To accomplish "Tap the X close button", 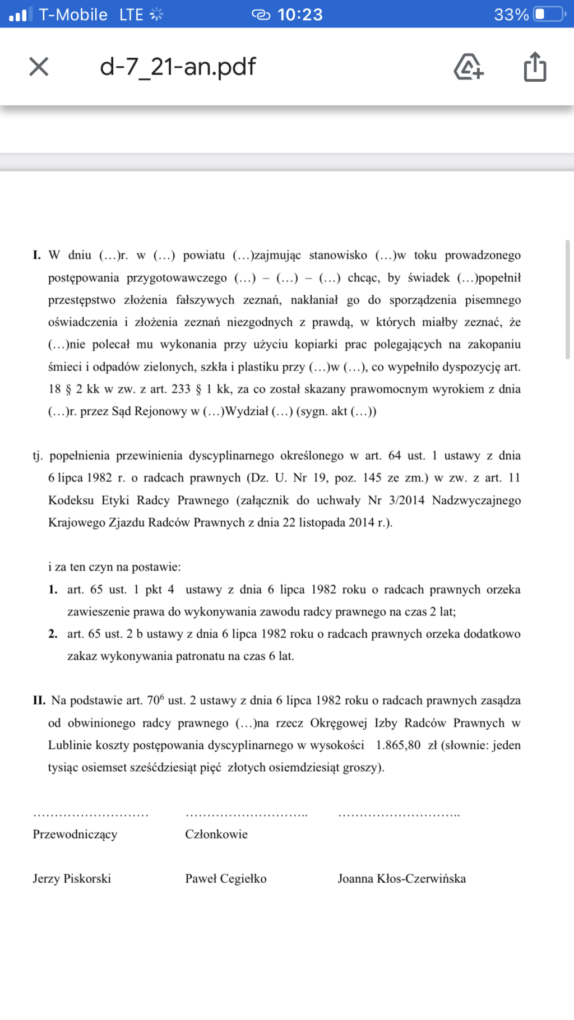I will pyautogui.click(x=39, y=67).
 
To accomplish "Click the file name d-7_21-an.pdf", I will pyautogui.click(x=178, y=67).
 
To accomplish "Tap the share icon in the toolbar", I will pyautogui.click(x=535, y=67).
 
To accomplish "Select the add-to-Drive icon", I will pyautogui.click(x=469, y=67).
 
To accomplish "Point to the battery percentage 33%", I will pyautogui.click(x=511, y=15).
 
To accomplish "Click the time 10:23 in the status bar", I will pyautogui.click(x=300, y=15).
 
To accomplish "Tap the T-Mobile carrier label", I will pyautogui.click(x=73, y=15).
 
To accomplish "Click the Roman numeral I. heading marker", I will pyautogui.click(x=37, y=256).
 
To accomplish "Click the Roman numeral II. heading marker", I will pyautogui.click(x=39, y=701).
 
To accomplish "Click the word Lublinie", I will pyautogui.click(x=71, y=745).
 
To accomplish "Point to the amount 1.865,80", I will pyautogui.click(x=398, y=745).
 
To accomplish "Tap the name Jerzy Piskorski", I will pyautogui.click(x=72, y=879).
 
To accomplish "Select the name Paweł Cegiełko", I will pyautogui.click(x=226, y=879).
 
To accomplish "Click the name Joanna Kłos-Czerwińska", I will pyautogui.click(x=401, y=879).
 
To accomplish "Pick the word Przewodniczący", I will pyautogui.click(x=75, y=834).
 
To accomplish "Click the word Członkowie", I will pyautogui.click(x=216, y=834).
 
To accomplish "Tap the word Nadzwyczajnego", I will pyautogui.click(x=476, y=500).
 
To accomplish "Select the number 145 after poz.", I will pyautogui.click(x=372, y=478).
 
